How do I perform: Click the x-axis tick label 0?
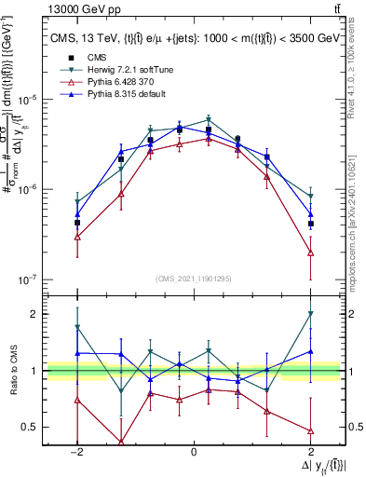pyautogui.click(x=193, y=451)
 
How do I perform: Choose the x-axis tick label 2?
pyautogui.click(x=310, y=451)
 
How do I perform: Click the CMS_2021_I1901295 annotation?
pyautogui.click(x=193, y=278)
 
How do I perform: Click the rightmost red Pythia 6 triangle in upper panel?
pyautogui.click(x=310, y=253)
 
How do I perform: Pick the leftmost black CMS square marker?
pyautogui.click(x=77, y=224)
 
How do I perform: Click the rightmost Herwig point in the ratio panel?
pyautogui.click(x=310, y=314)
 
